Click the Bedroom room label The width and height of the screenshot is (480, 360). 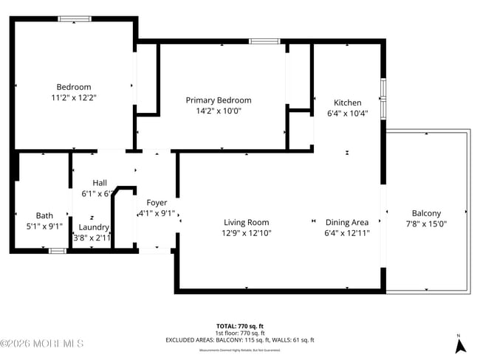point(74,86)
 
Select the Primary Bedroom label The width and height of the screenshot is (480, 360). point(218,100)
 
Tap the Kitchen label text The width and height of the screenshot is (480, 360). point(347,103)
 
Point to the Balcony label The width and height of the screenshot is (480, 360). point(426,213)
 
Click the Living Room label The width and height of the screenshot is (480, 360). point(247,222)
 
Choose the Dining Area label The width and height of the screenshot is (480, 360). point(347,222)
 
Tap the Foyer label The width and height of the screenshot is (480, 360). point(157,202)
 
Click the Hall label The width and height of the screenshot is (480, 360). point(100,183)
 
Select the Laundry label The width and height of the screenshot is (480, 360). point(94,227)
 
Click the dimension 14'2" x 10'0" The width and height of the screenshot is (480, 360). point(218,111)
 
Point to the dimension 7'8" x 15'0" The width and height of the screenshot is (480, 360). point(426,224)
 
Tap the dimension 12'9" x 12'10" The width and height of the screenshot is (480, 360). point(247,233)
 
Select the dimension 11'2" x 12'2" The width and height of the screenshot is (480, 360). point(74,97)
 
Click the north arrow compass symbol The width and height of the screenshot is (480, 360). point(460,343)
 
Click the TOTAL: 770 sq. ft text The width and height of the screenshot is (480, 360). point(239,325)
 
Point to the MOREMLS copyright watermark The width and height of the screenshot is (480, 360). point(42,344)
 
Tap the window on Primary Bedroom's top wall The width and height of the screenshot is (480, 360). point(264,41)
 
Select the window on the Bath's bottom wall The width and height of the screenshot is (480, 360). point(57,250)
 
